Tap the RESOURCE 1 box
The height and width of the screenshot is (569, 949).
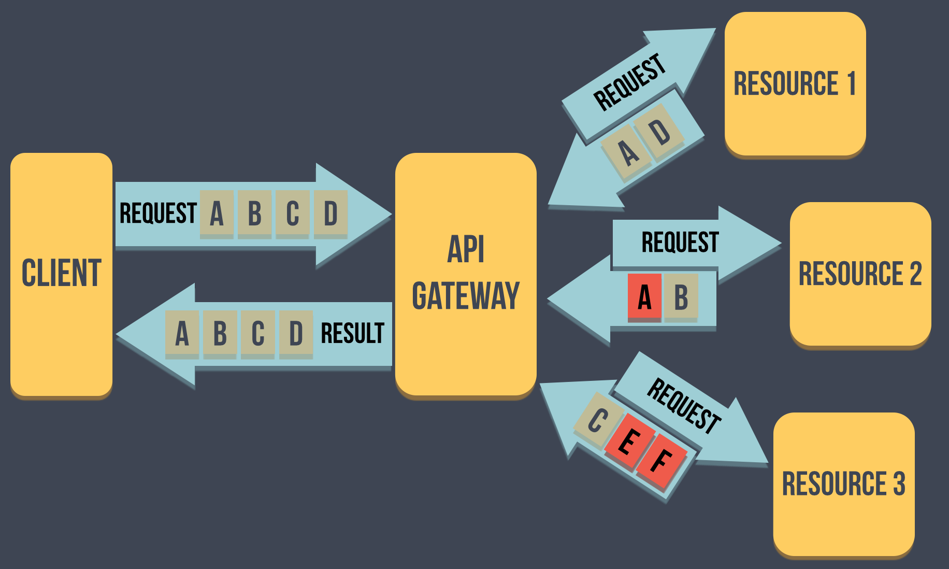coord(795,84)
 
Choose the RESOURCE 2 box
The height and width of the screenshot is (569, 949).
coord(860,274)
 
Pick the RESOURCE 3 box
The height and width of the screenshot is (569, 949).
coord(843,484)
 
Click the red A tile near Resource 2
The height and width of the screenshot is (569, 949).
coord(644,296)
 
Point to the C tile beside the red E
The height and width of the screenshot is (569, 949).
coord(597,420)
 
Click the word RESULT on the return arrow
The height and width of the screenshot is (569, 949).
coord(352,333)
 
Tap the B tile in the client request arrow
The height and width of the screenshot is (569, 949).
coord(254,214)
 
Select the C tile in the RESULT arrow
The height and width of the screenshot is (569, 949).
coord(257,333)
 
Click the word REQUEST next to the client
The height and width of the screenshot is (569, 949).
coord(158,214)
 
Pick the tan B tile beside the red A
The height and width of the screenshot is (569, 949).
coord(681,296)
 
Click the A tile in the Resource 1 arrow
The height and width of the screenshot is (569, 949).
coord(628,152)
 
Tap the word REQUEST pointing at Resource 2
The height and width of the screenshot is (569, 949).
coord(680,242)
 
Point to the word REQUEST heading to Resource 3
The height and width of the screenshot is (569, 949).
coord(684,406)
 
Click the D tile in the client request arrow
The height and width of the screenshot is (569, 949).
coord(330,214)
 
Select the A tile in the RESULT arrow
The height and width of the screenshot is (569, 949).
coord(182,333)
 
